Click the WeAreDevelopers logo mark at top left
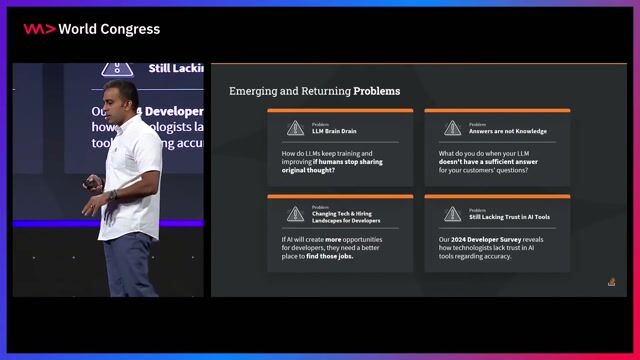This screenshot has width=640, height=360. (39, 29)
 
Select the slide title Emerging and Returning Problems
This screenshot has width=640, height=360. (314, 91)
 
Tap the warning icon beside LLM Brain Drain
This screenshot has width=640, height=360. (295, 128)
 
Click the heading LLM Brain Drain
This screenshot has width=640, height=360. (334, 131)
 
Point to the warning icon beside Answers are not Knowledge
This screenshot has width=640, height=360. (452, 128)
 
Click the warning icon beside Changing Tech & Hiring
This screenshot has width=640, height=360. (295, 214)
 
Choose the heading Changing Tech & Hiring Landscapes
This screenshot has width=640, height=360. (346, 216)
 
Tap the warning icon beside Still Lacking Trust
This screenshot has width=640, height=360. (452, 214)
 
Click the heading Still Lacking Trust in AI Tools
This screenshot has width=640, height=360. (509, 217)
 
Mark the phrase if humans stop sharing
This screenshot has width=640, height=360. (352, 162)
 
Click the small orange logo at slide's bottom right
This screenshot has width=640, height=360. (611, 282)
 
